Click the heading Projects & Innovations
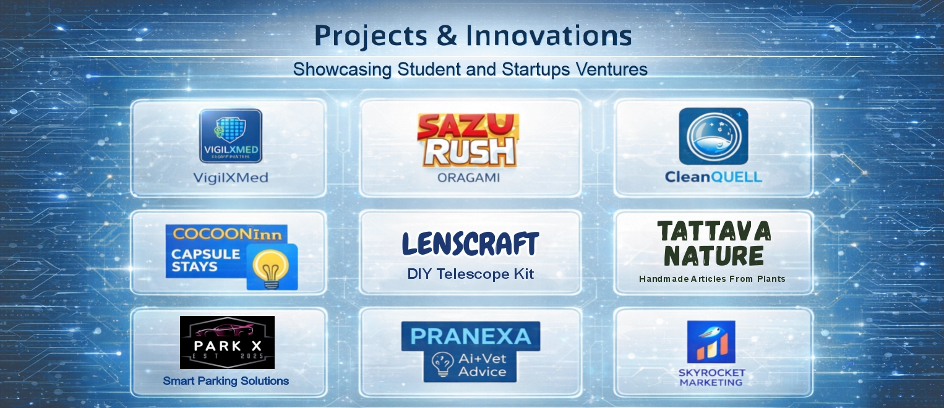tap(473, 36)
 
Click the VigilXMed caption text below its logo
tap(231, 179)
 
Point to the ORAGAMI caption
tap(468, 178)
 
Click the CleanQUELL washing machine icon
tap(713, 136)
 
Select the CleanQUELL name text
tap(713, 177)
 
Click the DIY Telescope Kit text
tap(470, 273)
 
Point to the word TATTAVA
tap(713, 231)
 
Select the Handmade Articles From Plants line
tap(712, 279)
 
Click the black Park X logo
tap(227, 342)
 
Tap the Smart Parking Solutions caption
tap(226, 381)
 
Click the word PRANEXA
tap(471, 336)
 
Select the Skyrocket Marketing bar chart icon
tap(711, 342)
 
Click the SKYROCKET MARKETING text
tap(711, 378)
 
